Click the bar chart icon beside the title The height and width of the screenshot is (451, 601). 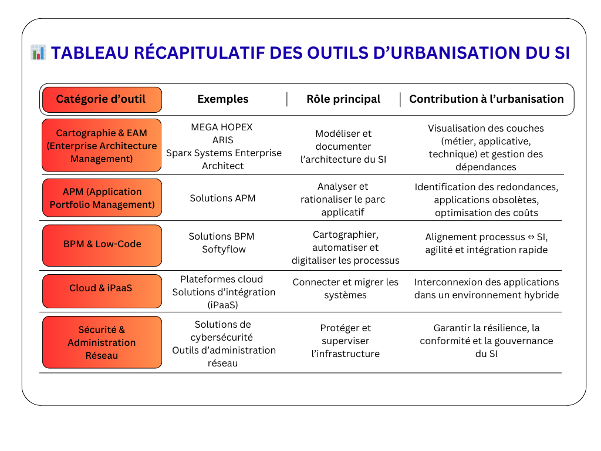(x=38, y=53)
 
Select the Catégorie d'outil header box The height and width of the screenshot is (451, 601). (x=101, y=99)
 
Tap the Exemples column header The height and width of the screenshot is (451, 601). (x=222, y=99)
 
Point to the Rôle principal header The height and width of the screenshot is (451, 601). (x=343, y=99)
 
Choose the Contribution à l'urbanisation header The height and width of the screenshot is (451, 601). (x=486, y=99)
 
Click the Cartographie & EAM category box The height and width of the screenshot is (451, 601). (x=101, y=146)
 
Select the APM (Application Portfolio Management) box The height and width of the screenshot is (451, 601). (x=102, y=198)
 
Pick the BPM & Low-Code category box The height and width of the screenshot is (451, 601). (x=102, y=244)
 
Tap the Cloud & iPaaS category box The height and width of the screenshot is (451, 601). (x=101, y=288)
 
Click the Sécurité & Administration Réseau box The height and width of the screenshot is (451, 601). (x=102, y=342)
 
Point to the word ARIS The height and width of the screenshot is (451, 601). (x=222, y=140)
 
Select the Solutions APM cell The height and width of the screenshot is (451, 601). (x=222, y=198)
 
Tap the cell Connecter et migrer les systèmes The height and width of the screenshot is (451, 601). (x=345, y=288)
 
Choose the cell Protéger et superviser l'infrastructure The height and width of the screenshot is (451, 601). (x=345, y=341)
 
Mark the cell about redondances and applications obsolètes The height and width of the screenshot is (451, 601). (x=486, y=200)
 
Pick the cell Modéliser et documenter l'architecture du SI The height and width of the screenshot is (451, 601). (x=343, y=146)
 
